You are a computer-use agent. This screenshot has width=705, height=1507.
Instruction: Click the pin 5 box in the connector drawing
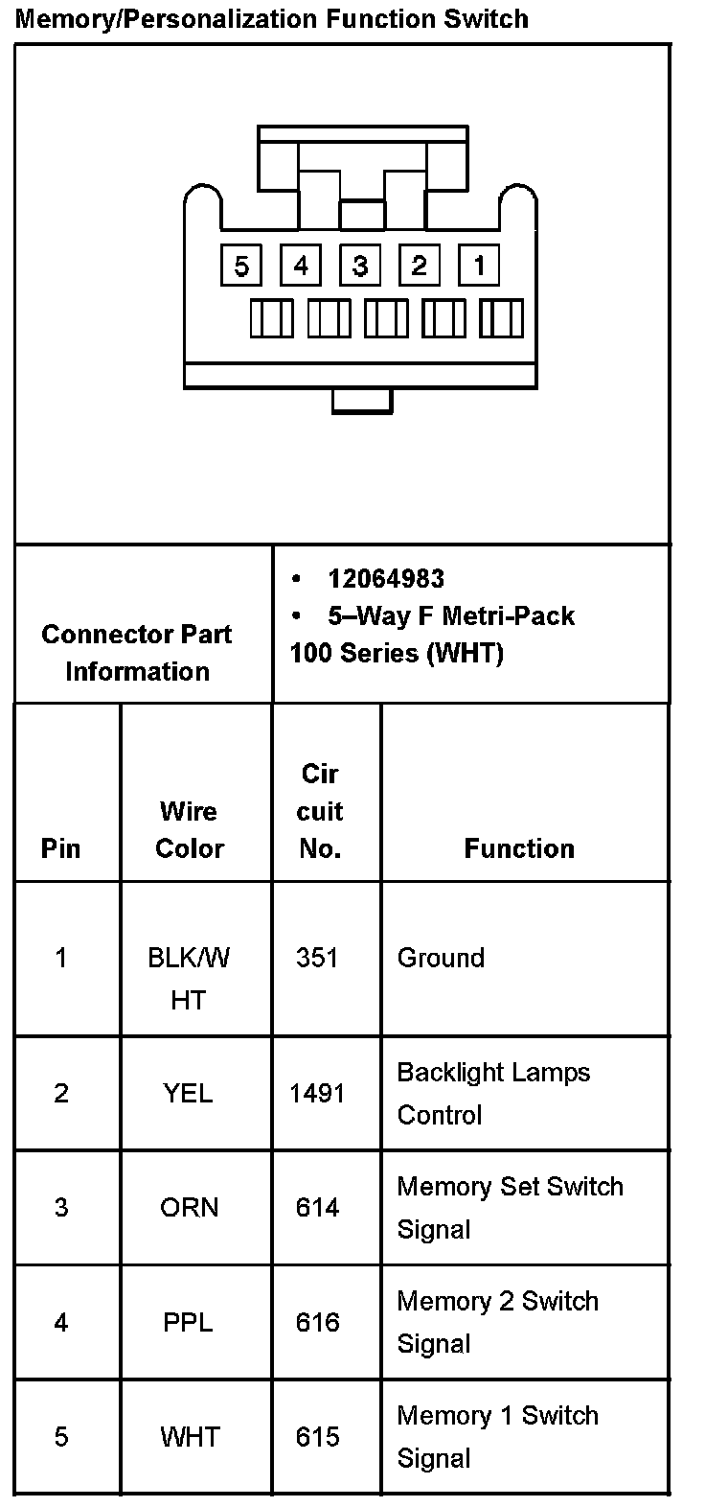(x=240, y=265)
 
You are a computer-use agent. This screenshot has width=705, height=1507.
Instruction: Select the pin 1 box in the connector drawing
(x=479, y=265)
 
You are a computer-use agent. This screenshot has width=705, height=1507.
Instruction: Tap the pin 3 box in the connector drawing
(x=360, y=265)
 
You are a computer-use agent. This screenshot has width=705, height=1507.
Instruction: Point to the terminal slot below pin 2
(x=443, y=318)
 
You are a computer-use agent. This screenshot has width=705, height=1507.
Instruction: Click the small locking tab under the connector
(x=362, y=401)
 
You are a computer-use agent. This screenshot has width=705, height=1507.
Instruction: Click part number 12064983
(x=386, y=578)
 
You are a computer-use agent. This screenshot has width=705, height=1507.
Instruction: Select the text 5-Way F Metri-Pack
(x=450, y=615)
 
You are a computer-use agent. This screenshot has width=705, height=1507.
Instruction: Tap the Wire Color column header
(x=190, y=829)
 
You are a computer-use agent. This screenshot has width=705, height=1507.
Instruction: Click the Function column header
(x=519, y=848)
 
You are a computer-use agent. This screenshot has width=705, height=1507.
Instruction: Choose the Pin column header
(x=61, y=848)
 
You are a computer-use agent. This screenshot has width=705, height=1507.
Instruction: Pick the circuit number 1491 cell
(x=317, y=1093)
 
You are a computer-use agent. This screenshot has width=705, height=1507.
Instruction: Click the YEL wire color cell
(x=189, y=1093)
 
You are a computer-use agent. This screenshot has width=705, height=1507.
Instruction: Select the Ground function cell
(x=441, y=958)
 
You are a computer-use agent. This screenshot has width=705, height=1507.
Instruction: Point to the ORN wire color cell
(x=190, y=1207)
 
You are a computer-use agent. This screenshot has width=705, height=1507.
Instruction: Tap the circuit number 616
(x=317, y=1322)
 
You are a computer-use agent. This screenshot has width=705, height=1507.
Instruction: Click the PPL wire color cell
(x=189, y=1322)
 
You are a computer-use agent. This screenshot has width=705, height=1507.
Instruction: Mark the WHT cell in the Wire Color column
(x=190, y=1437)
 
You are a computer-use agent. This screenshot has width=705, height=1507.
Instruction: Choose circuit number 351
(x=317, y=958)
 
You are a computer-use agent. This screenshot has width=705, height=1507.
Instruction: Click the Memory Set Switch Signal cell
(x=510, y=1207)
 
